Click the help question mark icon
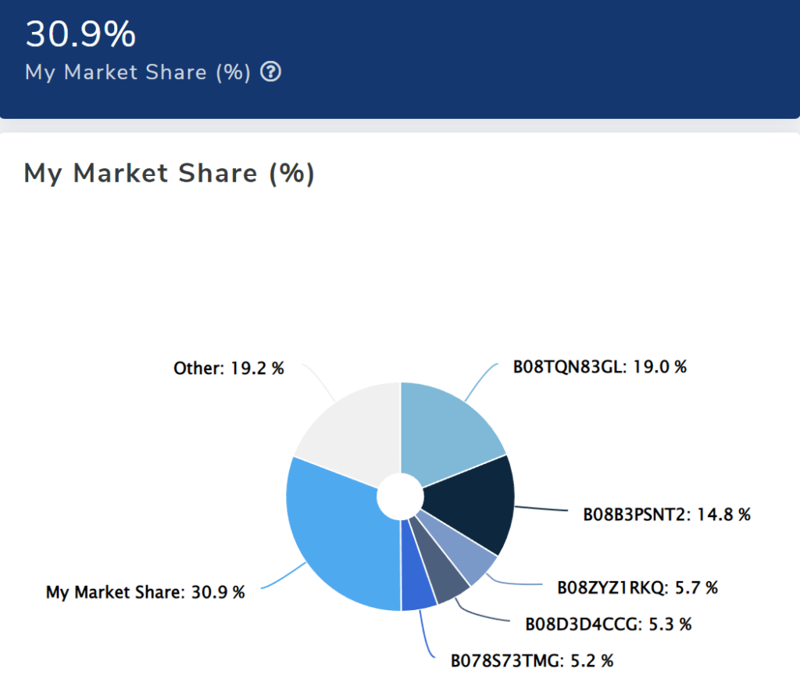(270, 73)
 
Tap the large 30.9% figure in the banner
(80, 34)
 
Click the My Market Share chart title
(169, 173)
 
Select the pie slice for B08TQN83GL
(449, 426)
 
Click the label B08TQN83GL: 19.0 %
(599, 366)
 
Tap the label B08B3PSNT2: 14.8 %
(666, 515)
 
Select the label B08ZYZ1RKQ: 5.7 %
(637, 587)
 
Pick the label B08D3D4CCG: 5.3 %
(609, 624)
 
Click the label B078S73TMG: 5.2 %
(531, 661)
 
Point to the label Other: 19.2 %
(228, 368)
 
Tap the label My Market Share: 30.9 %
(145, 592)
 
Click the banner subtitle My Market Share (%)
(137, 73)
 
